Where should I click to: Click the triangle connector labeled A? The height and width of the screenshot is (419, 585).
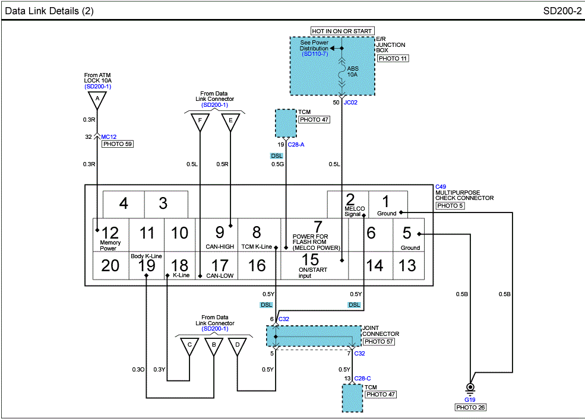(x=97, y=100)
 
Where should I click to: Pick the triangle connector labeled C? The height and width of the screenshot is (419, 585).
(x=189, y=347)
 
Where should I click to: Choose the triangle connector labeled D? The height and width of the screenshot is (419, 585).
(x=238, y=347)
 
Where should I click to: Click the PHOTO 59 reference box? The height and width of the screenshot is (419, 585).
(x=117, y=144)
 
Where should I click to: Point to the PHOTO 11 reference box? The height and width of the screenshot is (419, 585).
(x=393, y=58)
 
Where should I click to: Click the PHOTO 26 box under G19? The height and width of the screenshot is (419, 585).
(x=470, y=408)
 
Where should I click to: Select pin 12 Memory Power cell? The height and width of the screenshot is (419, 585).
(x=110, y=236)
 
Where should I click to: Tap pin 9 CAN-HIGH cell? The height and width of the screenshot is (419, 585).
(x=220, y=236)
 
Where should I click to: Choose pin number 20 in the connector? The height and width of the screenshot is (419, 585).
(x=110, y=266)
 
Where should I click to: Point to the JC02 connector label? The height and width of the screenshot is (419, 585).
(x=350, y=102)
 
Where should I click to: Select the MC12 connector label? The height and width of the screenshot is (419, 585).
(x=109, y=137)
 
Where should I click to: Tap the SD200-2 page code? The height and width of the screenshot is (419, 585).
(x=561, y=11)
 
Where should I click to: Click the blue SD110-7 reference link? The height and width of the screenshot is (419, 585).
(x=314, y=54)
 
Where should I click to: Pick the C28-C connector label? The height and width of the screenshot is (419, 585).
(x=363, y=378)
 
